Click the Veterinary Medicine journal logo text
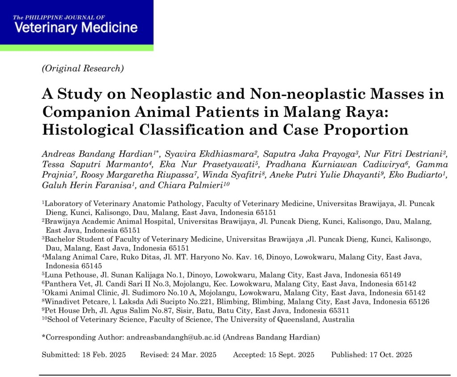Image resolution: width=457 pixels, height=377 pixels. coord(76,27)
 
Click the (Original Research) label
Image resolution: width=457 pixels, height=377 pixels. coord(83,68)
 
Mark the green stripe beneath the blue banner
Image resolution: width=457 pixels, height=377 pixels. coord(76,48)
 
